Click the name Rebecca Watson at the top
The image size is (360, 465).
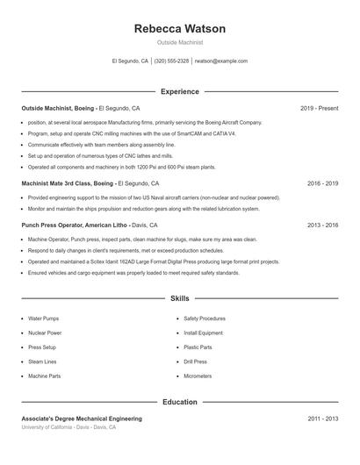pyautogui.click(x=179, y=29)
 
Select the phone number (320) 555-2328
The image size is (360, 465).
pyautogui.click(x=171, y=61)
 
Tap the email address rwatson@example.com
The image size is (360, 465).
pyautogui.click(x=221, y=61)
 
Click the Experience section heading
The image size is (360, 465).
pyautogui.click(x=179, y=91)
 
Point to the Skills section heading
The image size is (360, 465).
pyautogui.click(x=179, y=299)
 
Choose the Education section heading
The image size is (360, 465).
pyautogui.click(x=179, y=402)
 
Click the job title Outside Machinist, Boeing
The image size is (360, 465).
pyautogui.click(x=58, y=108)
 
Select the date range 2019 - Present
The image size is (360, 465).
pyautogui.click(x=319, y=108)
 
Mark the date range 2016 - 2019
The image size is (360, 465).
pyautogui.click(x=322, y=183)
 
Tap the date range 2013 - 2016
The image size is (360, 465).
pyautogui.click(x=322, y=225)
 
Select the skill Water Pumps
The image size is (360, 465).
pyautogui.click(x=43, y=318)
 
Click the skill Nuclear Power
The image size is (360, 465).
pyautogui.click(x=45, y=333)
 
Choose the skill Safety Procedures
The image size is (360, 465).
pyautogui.click(x=205, y=318)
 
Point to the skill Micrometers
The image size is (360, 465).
pyautogui.click(x=198, y=376)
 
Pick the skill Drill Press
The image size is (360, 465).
pyautogui.click(x=196, y=361)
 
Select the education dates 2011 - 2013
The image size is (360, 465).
pyautogui.click(x=322, y=419)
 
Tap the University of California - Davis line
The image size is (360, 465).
pyautogui.click(x=68, y=427)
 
